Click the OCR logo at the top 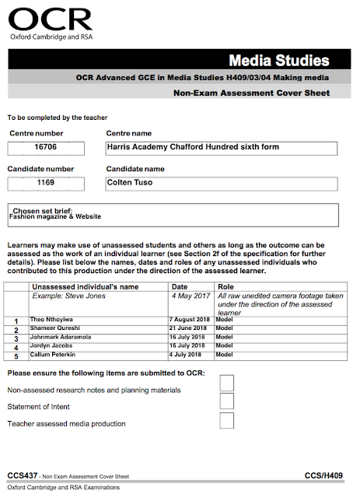(51, 21)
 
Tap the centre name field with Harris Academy (221, 148)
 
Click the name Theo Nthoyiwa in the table (53, 320)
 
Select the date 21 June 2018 (190, 328)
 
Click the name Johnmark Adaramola (61, 337)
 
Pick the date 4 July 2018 (189, 354)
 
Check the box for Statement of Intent (227, 402)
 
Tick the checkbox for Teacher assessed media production (227, 421)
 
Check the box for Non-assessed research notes (227, 383)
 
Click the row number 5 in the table (16, 356)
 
